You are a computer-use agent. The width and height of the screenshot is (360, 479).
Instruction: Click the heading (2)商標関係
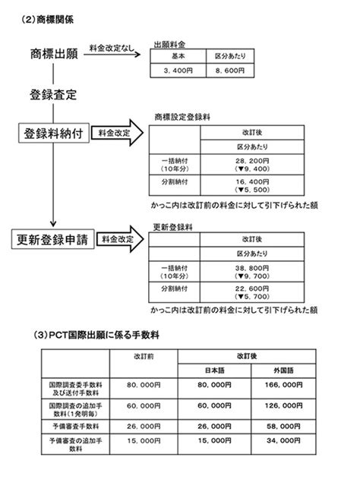click(47, 20)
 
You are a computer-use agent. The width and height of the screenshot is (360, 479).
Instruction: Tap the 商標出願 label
click(54, 54)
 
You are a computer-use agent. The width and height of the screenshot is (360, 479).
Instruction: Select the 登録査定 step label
click(53, 95)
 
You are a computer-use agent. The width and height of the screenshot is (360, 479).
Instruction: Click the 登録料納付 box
click(54, 133)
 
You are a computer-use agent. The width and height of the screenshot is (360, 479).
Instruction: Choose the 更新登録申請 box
click(53, 239)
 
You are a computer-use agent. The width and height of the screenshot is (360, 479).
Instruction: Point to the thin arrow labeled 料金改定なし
click(112, 55)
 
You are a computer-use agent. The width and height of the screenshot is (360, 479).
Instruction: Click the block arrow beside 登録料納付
click(118, 133)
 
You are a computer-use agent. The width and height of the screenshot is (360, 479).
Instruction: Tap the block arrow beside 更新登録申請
click(120, 239)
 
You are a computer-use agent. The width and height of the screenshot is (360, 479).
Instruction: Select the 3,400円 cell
click(178, 71)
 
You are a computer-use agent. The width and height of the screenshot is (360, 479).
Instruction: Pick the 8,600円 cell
click(230, 71)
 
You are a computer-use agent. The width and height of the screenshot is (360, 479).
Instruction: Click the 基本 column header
click(178, 56)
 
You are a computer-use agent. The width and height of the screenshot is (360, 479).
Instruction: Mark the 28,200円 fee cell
click(252, 165)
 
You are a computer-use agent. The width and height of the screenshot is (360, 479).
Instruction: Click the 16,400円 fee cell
click(252, 185)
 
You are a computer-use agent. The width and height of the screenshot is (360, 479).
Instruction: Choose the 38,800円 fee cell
click(252, 272)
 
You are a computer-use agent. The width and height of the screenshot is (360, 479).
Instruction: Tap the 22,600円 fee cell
click(252, 292)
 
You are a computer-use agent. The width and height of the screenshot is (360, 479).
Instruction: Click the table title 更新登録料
click(172, 227)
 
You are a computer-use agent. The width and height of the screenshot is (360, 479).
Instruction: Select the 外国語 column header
click(283, 370)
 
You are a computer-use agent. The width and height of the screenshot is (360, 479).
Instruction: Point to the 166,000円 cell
click(283, 388)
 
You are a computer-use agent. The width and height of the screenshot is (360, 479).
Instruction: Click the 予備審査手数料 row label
click(75, 427)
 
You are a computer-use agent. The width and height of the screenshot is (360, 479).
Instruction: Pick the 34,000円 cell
click(283, 444)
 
